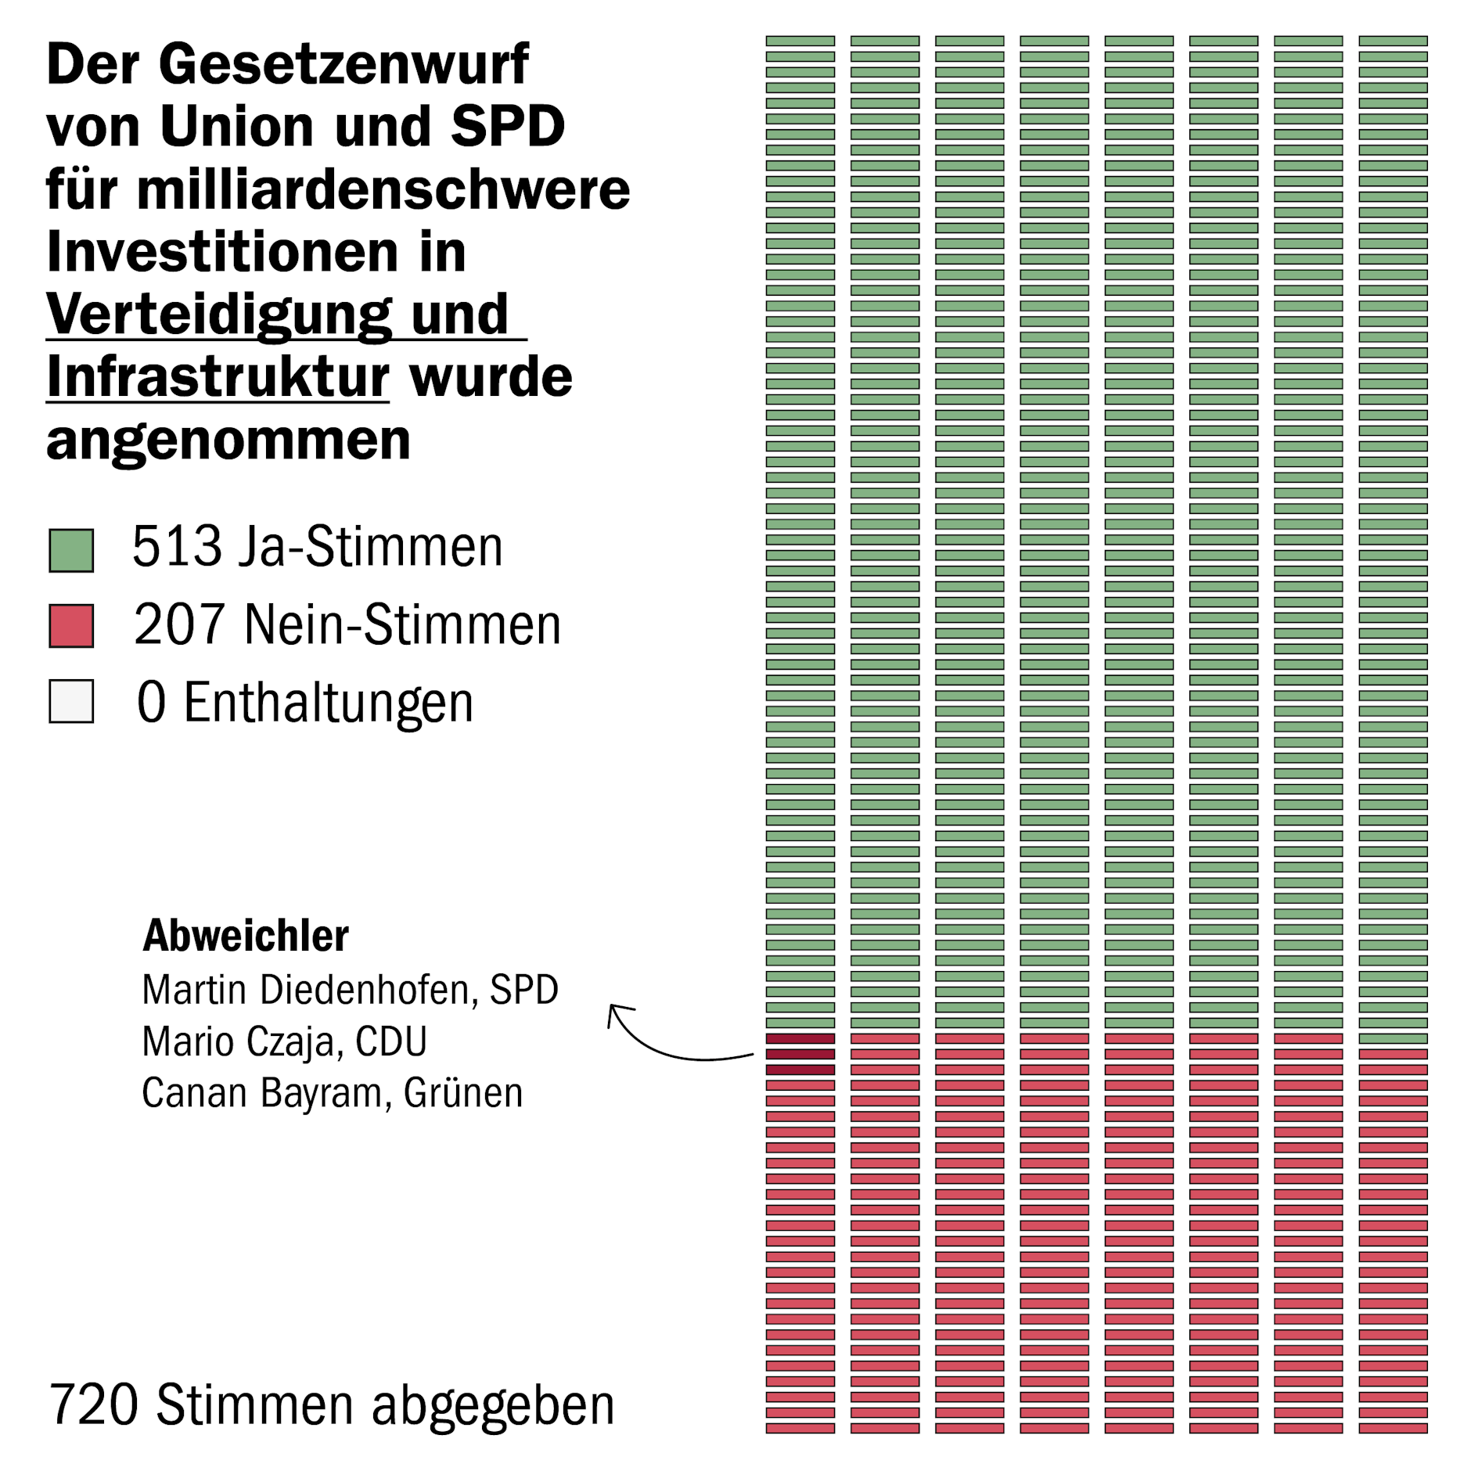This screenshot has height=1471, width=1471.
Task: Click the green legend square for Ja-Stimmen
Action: (x=71, y=550)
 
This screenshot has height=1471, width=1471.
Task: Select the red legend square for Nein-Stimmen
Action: (x=71, y=625)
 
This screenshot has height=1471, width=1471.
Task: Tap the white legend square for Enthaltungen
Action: (x=71, y=700)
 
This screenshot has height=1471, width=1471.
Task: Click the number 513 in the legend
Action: (x=177, y=546)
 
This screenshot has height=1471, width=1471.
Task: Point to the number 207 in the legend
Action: (x=180, y=624)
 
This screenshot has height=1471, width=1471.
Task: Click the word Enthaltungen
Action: (x=329, y=703)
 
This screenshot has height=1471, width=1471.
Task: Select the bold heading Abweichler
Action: (x=245, y=935)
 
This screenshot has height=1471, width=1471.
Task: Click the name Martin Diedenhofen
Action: (x=306, y=990)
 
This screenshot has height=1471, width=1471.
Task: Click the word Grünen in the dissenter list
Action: (x=463, y=1093)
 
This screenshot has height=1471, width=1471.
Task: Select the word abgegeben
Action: (x=493, y=1406)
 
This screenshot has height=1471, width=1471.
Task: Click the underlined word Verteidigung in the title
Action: (x=219, y=315)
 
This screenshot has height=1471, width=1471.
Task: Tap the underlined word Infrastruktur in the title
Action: (x=218, y=377)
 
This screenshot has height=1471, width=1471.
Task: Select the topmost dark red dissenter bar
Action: (x=800, y=1038)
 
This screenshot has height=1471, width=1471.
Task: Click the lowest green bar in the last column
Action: (x=1393, y=1038)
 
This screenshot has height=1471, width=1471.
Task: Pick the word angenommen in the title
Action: (x=228, y=440)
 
